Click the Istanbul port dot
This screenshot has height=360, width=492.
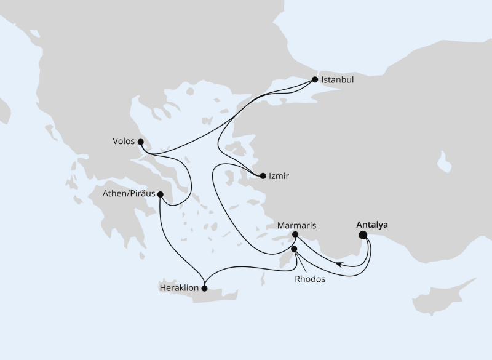(x=315, y=79)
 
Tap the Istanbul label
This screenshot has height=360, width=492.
(x=338, y=80)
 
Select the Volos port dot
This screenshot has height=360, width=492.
(x=141, y=141)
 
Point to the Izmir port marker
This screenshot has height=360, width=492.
(x=263, y=176)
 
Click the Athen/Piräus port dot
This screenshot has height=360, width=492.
(x=161, y=194)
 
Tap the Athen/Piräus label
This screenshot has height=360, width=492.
(x=130, y=194)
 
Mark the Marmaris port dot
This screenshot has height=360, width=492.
(x=295, y=234)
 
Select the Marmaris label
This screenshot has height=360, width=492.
(x=296, y=225)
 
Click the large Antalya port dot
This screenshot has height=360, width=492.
(x=363, y=234)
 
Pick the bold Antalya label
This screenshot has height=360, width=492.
(x=373, y=225)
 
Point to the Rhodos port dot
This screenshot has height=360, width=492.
(x=294, y=249)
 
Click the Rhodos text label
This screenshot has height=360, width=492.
(x=309, y=278)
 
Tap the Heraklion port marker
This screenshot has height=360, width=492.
(x=205, y=287)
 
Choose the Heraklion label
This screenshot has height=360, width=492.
(x=177, y=287)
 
